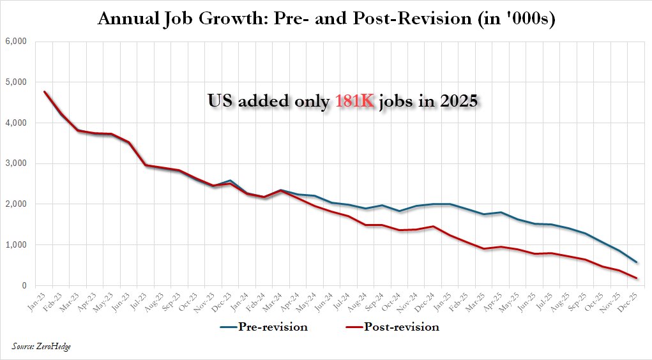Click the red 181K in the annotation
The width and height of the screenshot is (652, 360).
coord(355,101)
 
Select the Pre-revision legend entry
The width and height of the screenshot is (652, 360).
coord(264,327)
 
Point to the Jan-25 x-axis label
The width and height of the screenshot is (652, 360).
coord(443,301)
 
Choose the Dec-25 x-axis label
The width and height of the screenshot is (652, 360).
coord(626,301)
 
